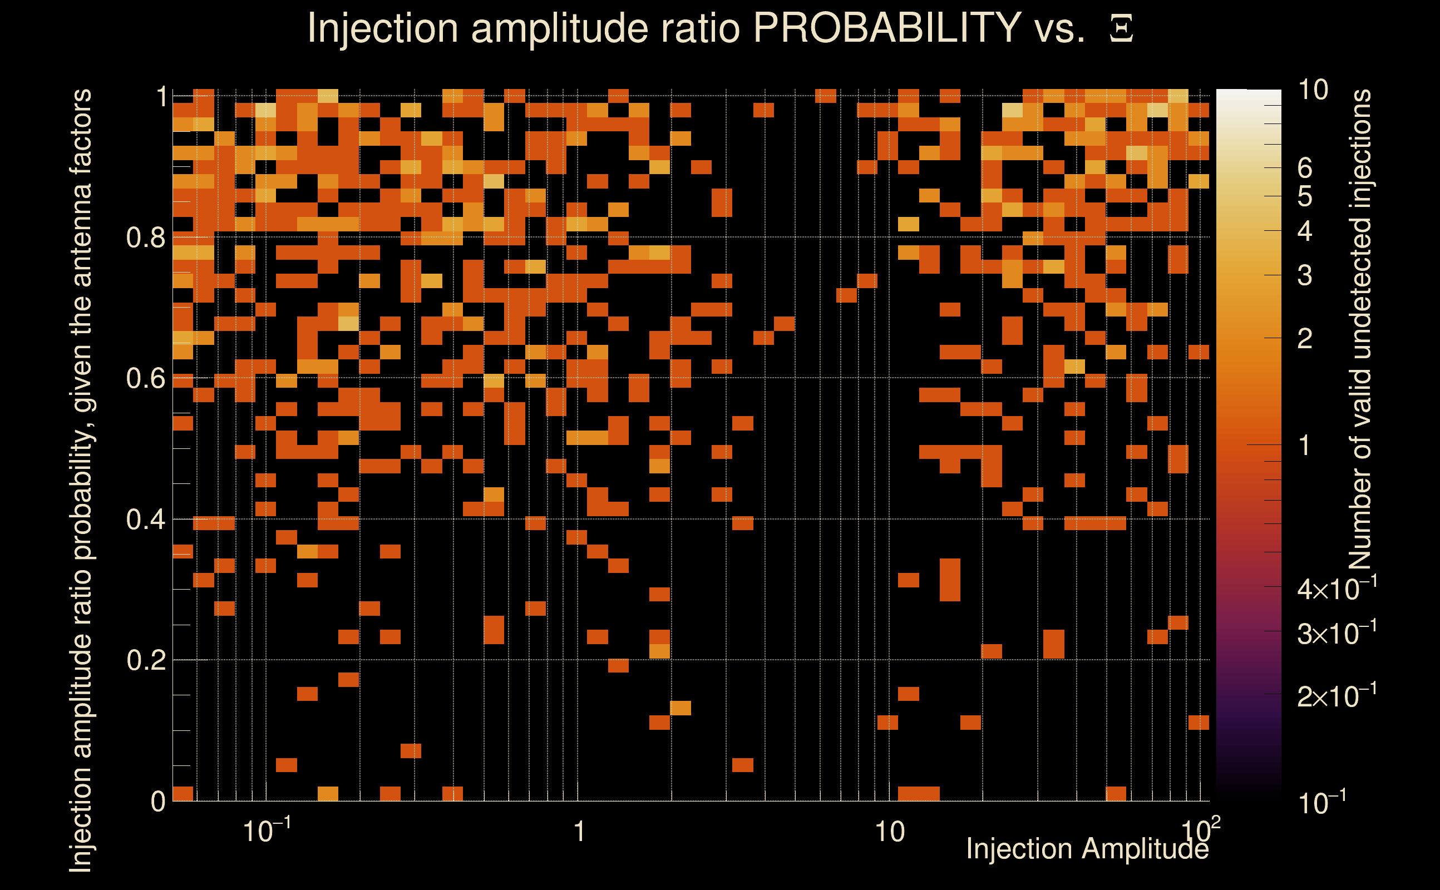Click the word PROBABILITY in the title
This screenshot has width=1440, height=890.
887,28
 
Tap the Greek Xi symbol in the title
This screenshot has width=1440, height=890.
1121,29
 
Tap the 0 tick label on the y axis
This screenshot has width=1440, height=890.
158,802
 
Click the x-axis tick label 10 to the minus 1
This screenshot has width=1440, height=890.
267,830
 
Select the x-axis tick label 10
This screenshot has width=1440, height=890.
889,832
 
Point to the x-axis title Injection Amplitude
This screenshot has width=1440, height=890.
1087,849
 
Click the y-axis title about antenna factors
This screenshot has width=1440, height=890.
81,479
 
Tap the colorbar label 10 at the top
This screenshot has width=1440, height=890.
1312,90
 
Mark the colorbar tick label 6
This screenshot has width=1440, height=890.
1305,169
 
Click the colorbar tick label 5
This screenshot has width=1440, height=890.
1305,196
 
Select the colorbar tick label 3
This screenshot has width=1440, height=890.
1305,275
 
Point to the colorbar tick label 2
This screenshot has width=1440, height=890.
1305,338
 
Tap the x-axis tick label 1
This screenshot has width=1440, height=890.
579,832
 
